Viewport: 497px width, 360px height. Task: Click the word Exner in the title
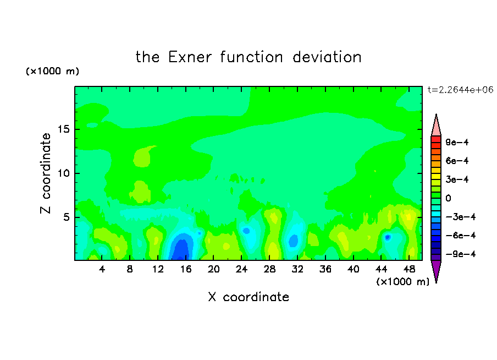pyautogui.click(x=190, y=57)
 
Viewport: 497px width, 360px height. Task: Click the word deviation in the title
pyautogui.click(x=327, y=57)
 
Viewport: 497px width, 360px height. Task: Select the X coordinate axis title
pyautogui.click(x=248, y=297)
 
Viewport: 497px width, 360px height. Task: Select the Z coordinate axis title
pyautogui.click(x=46, y=173)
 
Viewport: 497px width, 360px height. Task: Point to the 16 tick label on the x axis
pyautogui.click(x=185, y=269)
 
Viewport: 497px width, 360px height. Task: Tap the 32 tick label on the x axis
pyautogui.click(x=297, y=269)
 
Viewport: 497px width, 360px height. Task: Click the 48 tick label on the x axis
pyautogui.click(x=409, y=269)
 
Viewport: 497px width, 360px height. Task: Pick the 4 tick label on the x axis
pyautogui.click(x=102, y=269)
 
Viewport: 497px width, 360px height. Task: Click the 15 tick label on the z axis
pyautogui.click(x=64, y=129)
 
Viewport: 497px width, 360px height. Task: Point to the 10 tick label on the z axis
pyautogui.click(x=64, y=173)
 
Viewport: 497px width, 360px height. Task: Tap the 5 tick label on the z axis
pyautogui.click(x=67, y=217)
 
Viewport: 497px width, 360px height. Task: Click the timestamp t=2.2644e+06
pyautogui.click(x=461, y=90)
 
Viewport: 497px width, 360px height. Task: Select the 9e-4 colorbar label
pyautogui.click(x=457, y=142)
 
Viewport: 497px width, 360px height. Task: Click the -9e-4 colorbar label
pyautogui.click(x=461, y=254)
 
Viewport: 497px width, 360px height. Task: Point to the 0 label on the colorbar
pyautogui.click(x=448, y=198)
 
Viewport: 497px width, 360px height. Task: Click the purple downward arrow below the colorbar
pyautogui.click(x=436, y=270)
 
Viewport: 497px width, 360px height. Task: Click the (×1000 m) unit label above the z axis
pyautogui.click(x=52, y=71)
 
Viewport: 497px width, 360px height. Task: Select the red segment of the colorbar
pyautogui.click(x=436, y=139)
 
